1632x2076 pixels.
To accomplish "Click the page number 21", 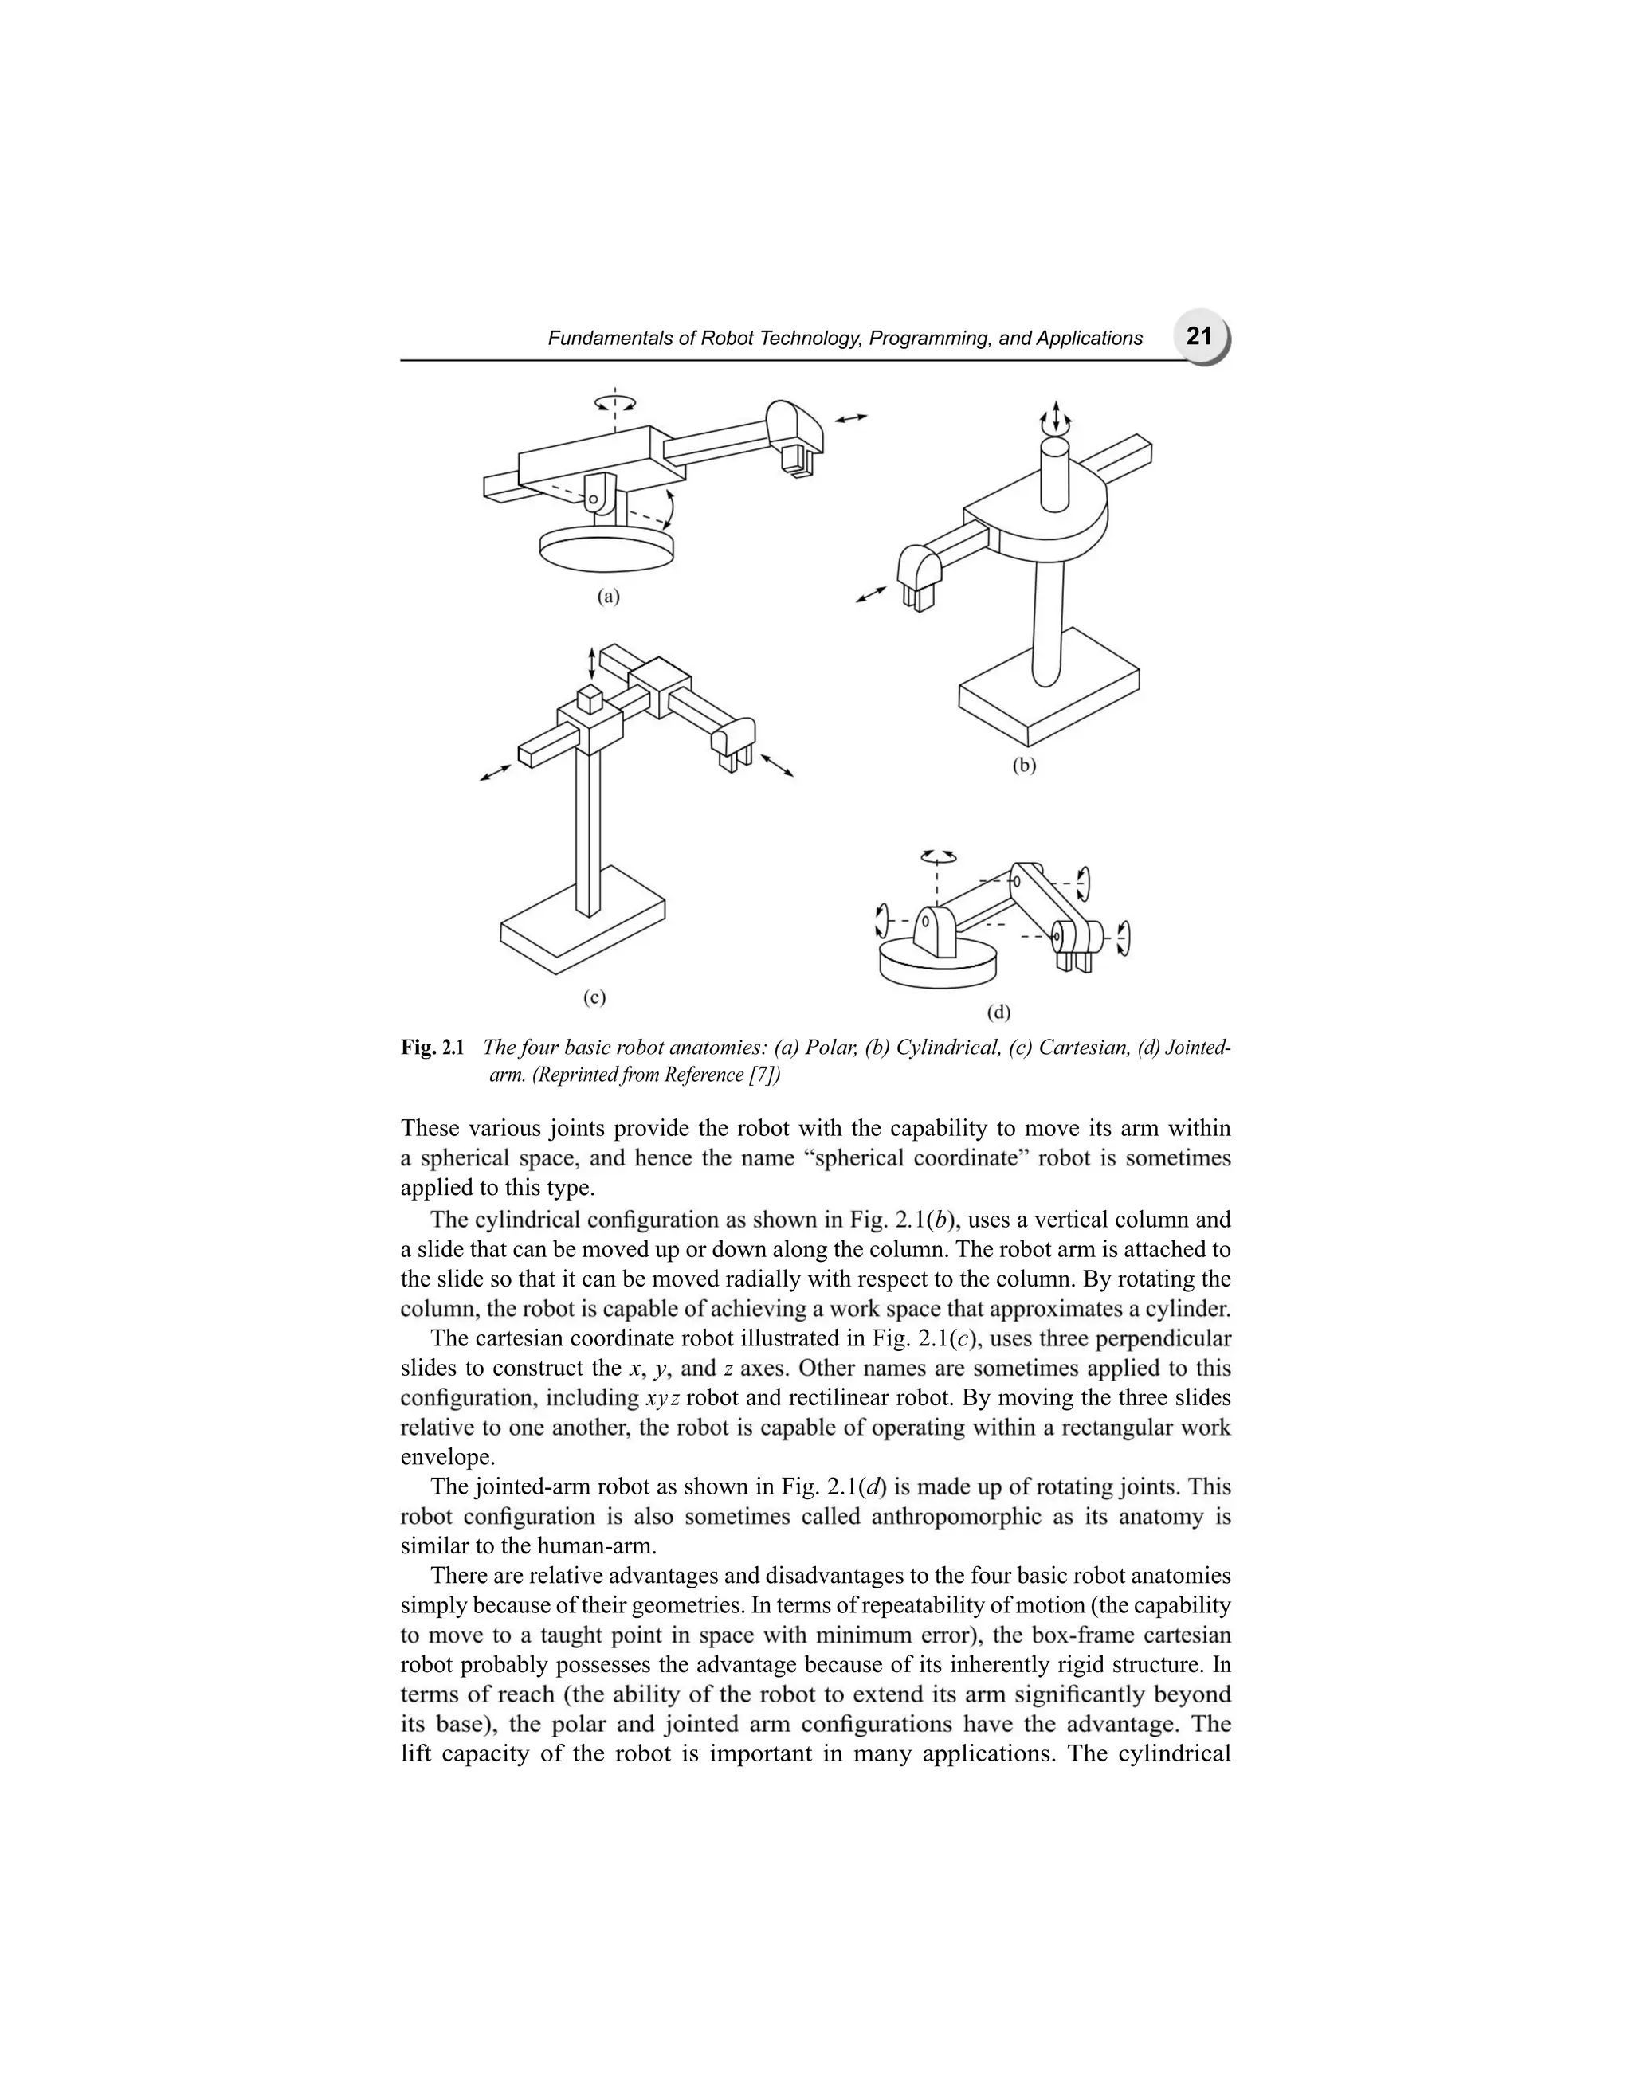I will tap(1198, 336).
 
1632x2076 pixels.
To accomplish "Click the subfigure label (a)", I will tap(609, 597).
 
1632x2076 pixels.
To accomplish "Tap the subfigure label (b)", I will tap(1024, 764).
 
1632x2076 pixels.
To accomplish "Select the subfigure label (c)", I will tap(594, 997).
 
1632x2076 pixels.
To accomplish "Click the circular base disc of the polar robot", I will tap(606, 550).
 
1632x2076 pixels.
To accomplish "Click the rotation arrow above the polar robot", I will tap(614, 403).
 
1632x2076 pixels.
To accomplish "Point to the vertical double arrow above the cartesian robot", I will tap(591, 660).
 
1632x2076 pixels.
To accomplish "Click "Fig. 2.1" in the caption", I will tap(432, 1048).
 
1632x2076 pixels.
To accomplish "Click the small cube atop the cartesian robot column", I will tap(590, 699).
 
